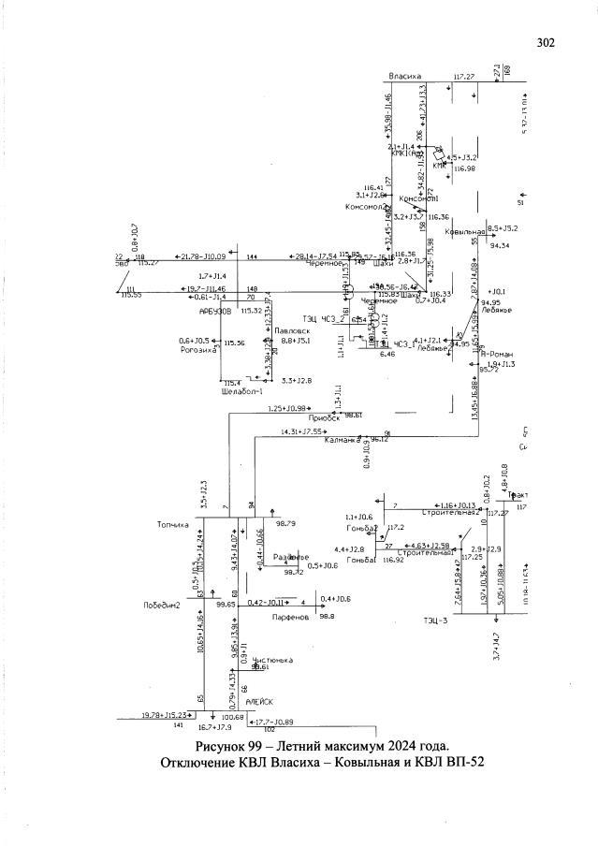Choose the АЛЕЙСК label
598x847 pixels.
point(258,701)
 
